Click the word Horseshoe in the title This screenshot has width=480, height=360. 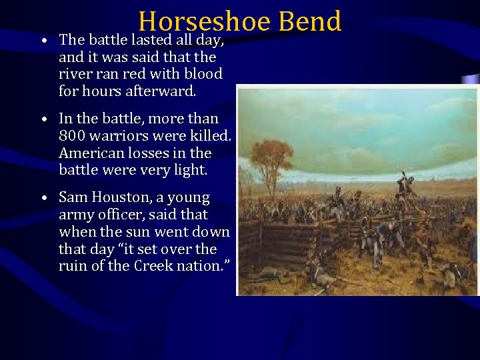[204, 21]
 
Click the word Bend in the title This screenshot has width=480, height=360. [310, 21]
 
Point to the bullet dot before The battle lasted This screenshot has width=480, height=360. [43, 41]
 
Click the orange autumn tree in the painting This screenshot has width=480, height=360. [270, 161]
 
